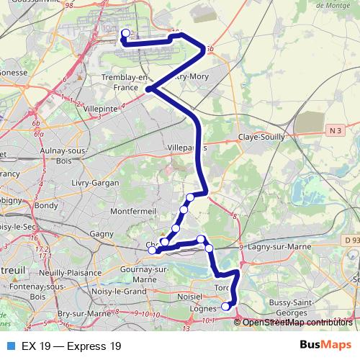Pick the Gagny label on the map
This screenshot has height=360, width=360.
tap(102, 234)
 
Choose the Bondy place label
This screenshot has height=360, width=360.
tap(46, 205)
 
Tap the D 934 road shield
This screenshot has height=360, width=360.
tap(351, 239)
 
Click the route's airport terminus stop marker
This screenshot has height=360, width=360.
tap(125, 33)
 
